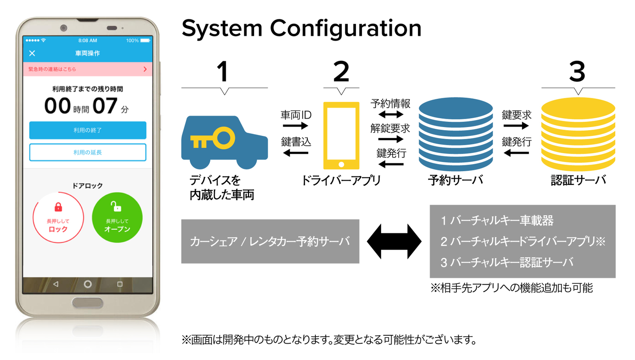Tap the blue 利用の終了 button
pos(87,130)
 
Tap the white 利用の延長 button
pos(87,152)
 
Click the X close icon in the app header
pos(32,53)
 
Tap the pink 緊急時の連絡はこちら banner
pos(87,69)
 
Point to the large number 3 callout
pos(577,71)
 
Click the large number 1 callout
pos(224,71)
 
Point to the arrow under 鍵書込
pos(295,153)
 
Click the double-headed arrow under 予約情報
pos(390,115)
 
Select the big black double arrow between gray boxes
pos(394,241)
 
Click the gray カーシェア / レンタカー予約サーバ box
pos(270,241)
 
